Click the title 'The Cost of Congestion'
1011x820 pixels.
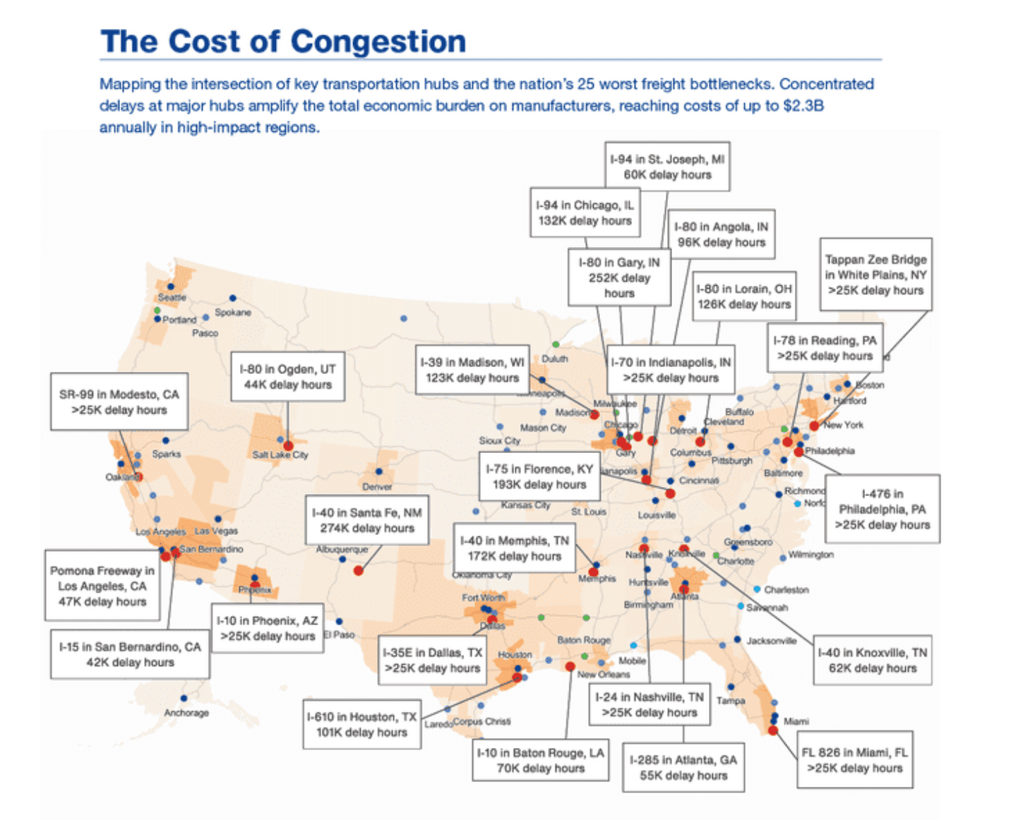283,42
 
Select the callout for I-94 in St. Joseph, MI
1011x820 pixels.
667,167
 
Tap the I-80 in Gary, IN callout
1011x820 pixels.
619,277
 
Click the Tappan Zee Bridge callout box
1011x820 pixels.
875,275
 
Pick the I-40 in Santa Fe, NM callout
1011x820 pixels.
366,521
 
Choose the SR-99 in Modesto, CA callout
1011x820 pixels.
119,402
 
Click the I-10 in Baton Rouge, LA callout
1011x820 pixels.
540,761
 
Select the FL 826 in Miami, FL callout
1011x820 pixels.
854,760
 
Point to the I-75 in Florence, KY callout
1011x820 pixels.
539,477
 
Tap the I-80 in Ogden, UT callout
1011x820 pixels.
287,377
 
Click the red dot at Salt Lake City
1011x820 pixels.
288,446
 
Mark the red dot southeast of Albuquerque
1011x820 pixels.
359,570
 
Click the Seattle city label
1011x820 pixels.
172,298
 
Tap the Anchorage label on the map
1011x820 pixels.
186,713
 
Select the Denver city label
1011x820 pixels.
377,487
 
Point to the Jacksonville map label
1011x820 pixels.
771,641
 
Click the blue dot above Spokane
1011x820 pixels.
233,299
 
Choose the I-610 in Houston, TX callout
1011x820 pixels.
361,725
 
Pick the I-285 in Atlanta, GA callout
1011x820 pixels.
683,768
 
